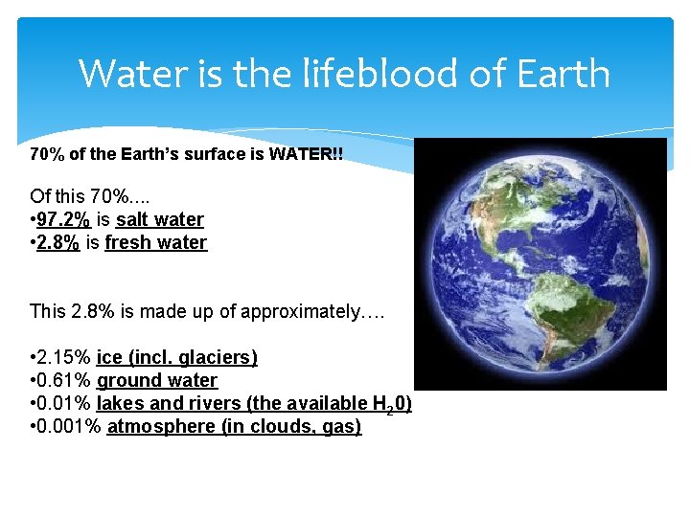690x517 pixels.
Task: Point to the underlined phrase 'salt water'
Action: pos(160,219)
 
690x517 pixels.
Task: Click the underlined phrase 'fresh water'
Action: pos(155,242)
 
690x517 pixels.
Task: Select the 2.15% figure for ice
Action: pos(64,357)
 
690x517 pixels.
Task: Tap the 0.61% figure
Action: pos(64,380)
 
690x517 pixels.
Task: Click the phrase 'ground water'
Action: pos(157,380)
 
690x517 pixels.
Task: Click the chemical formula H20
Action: pos(392,404)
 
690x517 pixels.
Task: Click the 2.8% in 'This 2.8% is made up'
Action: pos(88,311)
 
